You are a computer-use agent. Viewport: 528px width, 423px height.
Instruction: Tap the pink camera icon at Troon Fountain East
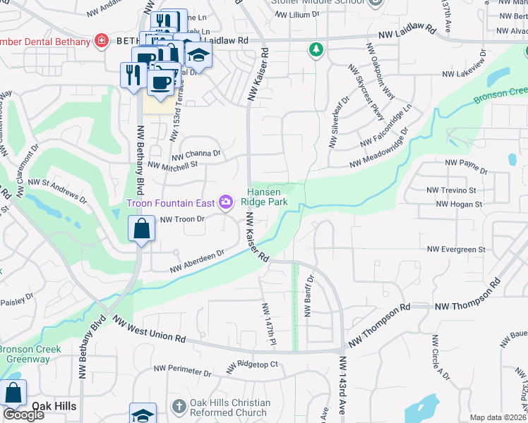(x=226, y=203)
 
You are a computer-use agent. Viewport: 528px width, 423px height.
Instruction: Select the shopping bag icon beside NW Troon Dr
(x=142, y=229)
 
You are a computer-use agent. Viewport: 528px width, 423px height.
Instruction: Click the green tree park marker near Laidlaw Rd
(x=316, y=49)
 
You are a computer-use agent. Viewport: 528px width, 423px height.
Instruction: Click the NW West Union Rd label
(x=150, y=331)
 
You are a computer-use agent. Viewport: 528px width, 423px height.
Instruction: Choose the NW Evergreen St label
(x=456, y=249)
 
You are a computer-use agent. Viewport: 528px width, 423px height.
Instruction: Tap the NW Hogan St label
(x=458, y=204)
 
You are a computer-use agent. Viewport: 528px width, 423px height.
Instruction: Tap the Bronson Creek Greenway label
(x=29, y=354)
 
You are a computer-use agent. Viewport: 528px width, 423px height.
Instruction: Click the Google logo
(x=23, y=415)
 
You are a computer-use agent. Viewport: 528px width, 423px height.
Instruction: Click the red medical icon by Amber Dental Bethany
(x=102, y=41)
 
